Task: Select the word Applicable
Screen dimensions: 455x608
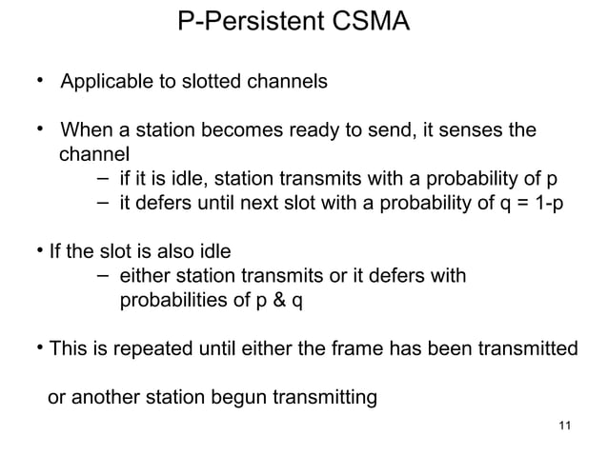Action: [x=103, y=82]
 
